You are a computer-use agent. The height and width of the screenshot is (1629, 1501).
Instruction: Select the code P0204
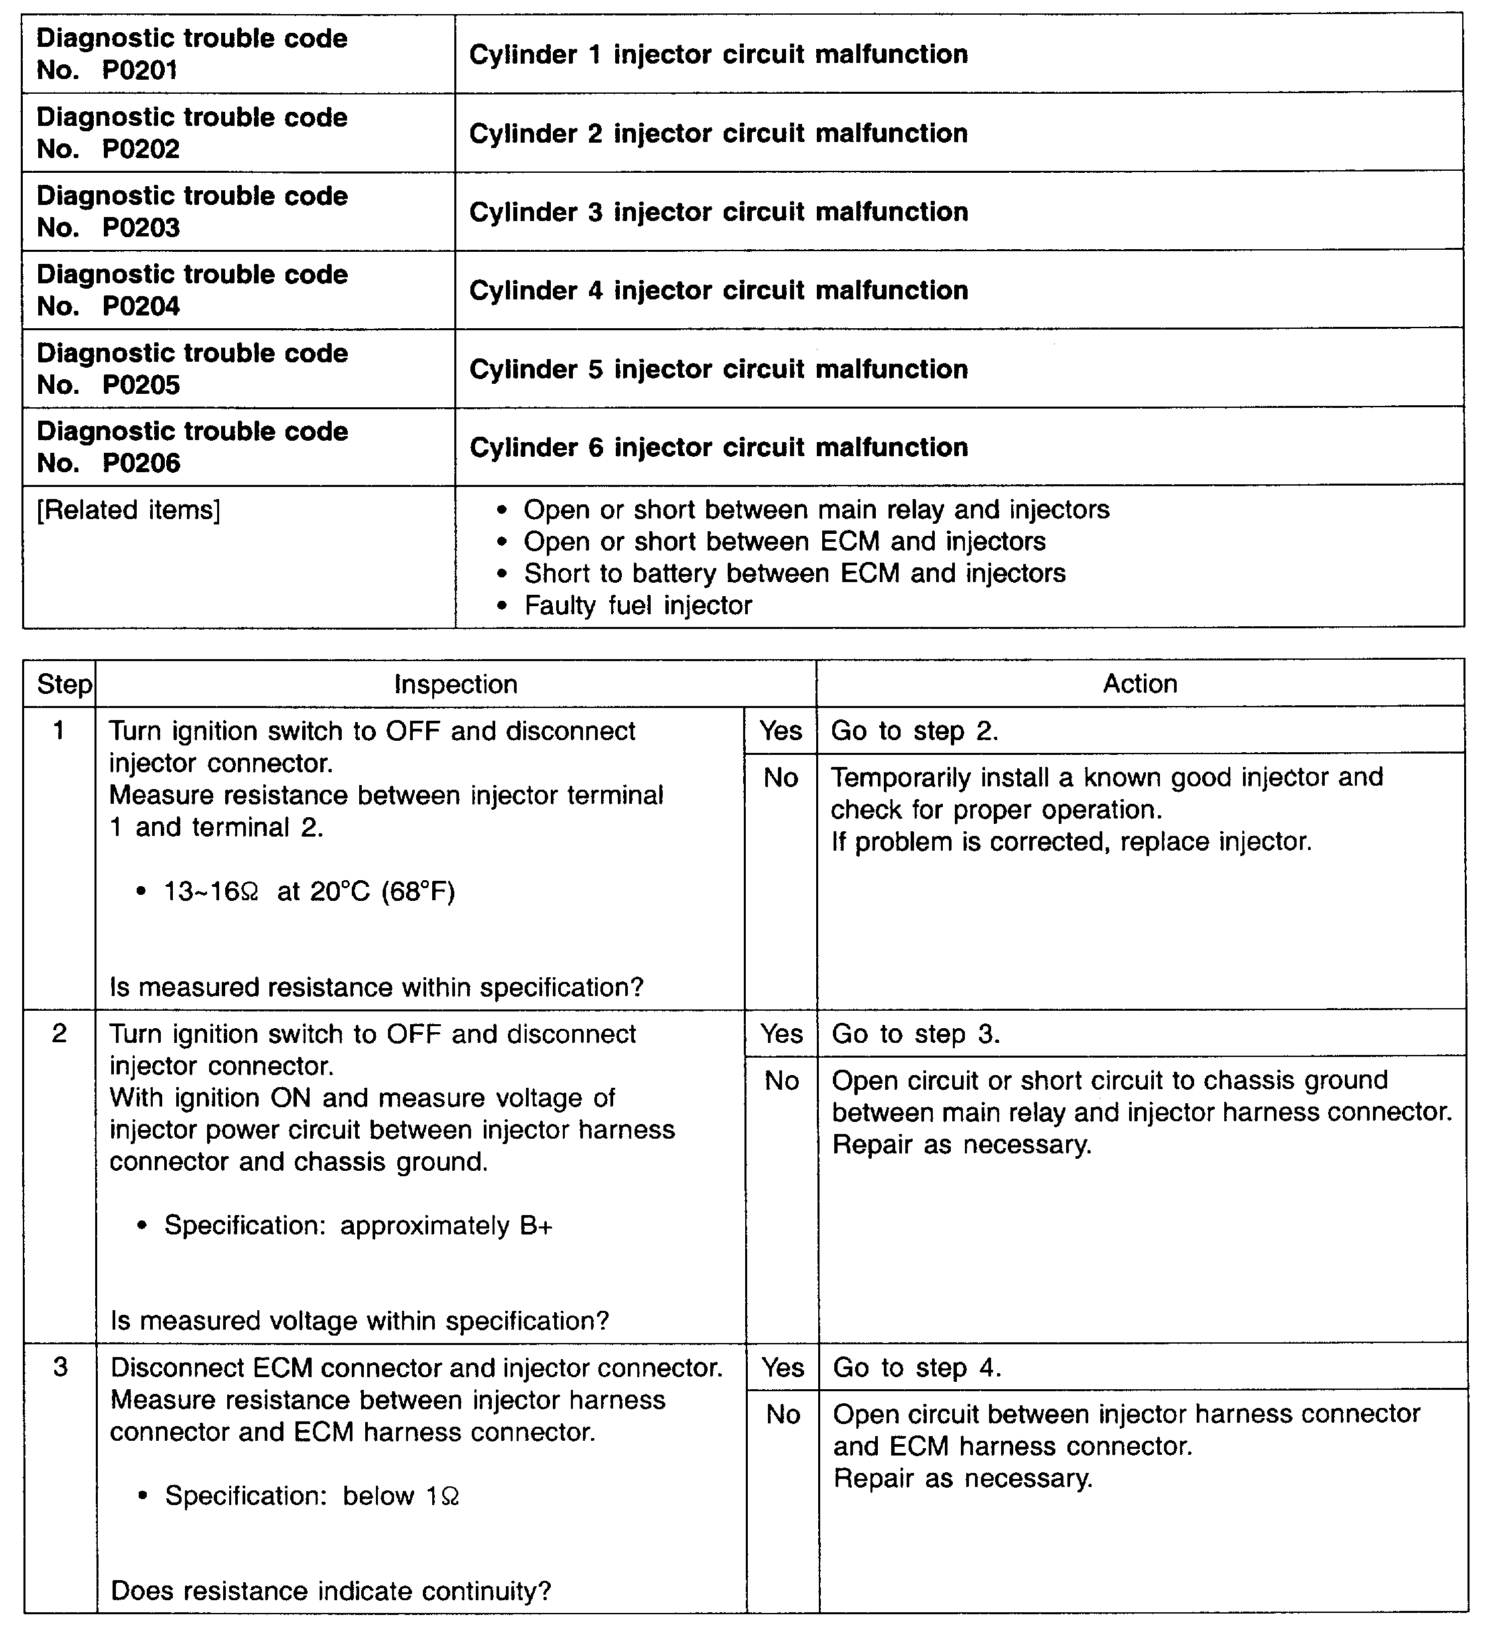click(x=141, y=306)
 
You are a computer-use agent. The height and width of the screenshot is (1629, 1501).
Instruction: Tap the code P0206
click(x=141, y=463)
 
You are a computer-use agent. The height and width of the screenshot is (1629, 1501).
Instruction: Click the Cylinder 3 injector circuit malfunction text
click(x=718, y=212)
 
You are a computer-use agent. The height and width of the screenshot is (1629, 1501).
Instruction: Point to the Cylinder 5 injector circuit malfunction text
click(x=718, y=370)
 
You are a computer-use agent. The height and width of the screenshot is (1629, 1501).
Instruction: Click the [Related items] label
click(x=129, y=510)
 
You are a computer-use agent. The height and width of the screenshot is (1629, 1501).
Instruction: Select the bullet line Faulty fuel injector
click(x=638, y=605)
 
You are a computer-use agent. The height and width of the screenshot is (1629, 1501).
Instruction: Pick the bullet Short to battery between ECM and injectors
click(x=794, y=573)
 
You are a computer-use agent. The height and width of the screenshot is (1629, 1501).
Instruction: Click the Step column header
click(x=64, y=685)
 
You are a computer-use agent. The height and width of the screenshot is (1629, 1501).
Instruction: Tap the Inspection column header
click(x=456, y=685)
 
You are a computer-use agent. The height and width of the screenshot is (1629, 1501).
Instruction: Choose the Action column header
click(x=1140, y=684)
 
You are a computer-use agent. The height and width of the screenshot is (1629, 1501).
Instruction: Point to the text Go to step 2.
click(x=914, y=731)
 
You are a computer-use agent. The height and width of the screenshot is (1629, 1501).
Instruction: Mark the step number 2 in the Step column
click(x=59, y=1034)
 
